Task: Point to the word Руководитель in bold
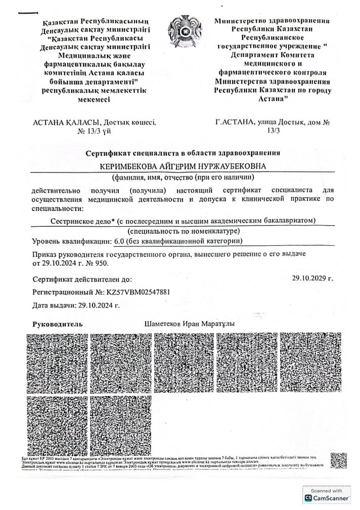[x=54, y=324]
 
